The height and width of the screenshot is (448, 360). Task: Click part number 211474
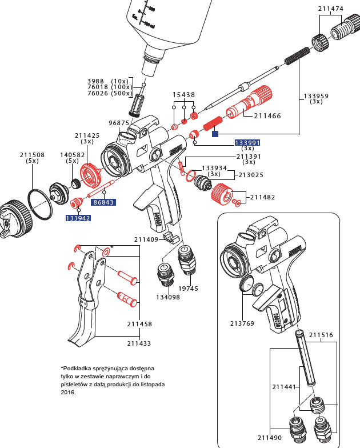point(330,9)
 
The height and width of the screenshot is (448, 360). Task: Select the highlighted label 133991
point(247,142)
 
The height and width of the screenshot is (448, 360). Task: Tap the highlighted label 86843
point(103,202)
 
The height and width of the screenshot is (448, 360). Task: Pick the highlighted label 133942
point(78,218)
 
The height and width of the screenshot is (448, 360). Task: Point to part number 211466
point(267,116)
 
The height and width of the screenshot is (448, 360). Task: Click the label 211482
point(262,198)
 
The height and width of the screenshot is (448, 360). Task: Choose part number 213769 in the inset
point(243,323)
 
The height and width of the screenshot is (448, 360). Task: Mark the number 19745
point(187,289)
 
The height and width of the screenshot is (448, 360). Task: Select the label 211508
point(32,154)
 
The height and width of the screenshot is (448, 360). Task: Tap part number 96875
point(119,123)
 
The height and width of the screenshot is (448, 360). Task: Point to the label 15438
point(184,95)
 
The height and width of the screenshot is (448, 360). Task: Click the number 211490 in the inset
point(270,438)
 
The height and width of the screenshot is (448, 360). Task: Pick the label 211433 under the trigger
point(139,343)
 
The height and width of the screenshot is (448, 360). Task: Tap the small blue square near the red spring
point(215,134)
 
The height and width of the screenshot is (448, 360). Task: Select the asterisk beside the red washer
point(112,247)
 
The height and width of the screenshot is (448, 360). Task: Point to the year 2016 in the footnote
point(68,393)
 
